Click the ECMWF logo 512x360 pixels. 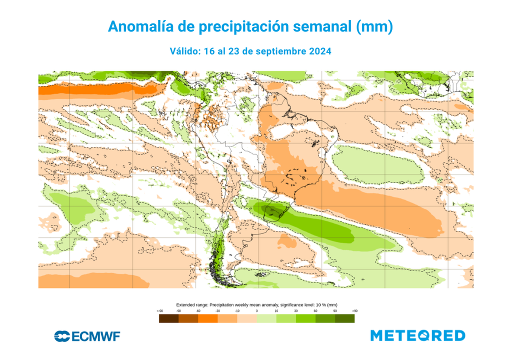pyautogui.click(x=87, y=336)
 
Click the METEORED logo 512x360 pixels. pyautogui.click(x=417, y=335)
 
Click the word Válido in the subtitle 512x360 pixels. pyautogui.click(x=186, y=51)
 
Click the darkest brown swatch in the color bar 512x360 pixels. pyautogui.click(x=168, y=318)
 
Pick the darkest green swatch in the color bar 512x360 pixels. pyautogui.click(x=344, y=318)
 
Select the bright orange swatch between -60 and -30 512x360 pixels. pyautogui.click(x=207, y=318)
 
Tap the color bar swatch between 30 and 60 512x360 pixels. pyautogui.click(x=305, y=318)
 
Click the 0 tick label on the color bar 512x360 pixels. pyautogui.click(x=256, y=311)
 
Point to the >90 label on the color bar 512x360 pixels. pyautogui.click(x=354, y=311)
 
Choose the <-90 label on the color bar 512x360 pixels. pyautogui.click(x=159, y=311)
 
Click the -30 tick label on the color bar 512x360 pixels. pyautogui.click(x=217, y=311)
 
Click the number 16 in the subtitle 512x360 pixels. pyautogui.click(x=209, y=51)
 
